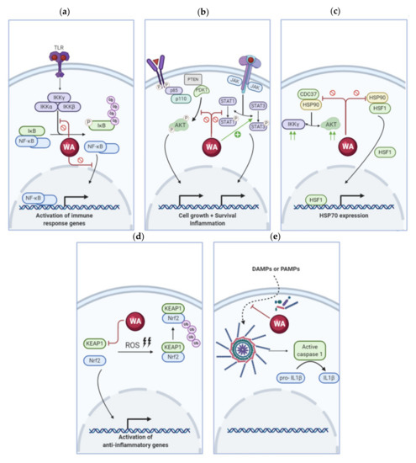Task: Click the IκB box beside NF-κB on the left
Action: click(x=31, y=130)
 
